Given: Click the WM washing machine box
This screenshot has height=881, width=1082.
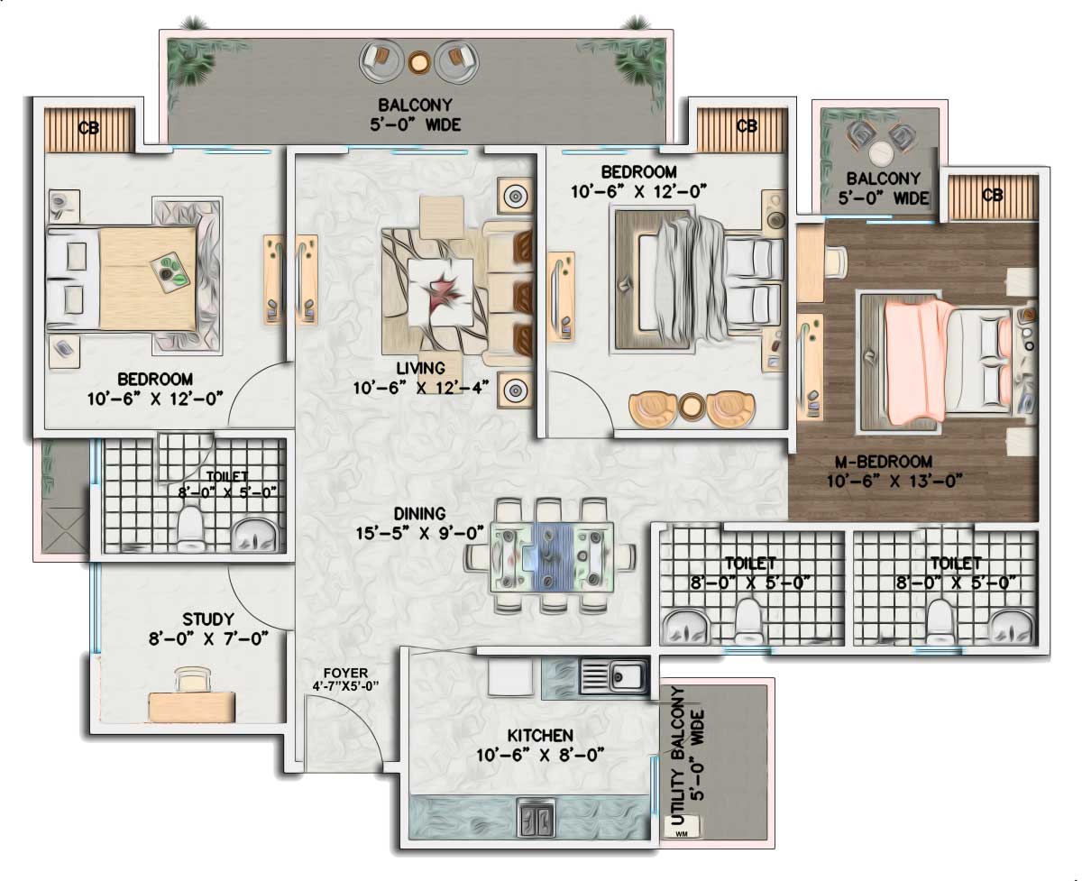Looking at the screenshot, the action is [x=682, y=826].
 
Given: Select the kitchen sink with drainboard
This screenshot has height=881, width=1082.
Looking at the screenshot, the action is [x=614, y=676].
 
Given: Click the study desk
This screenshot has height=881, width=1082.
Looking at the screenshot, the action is [x=192, y=706].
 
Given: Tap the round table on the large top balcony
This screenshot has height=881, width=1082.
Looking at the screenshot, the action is [x=419, y=62].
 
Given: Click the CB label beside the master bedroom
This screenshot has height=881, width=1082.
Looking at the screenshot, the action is [x=992, y=195].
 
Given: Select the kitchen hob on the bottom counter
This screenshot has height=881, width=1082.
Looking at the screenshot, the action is [x=536, y=818].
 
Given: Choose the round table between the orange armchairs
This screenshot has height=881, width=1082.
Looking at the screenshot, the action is [x=692, y=406].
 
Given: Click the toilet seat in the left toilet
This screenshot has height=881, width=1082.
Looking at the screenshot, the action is [x=190, y=527].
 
